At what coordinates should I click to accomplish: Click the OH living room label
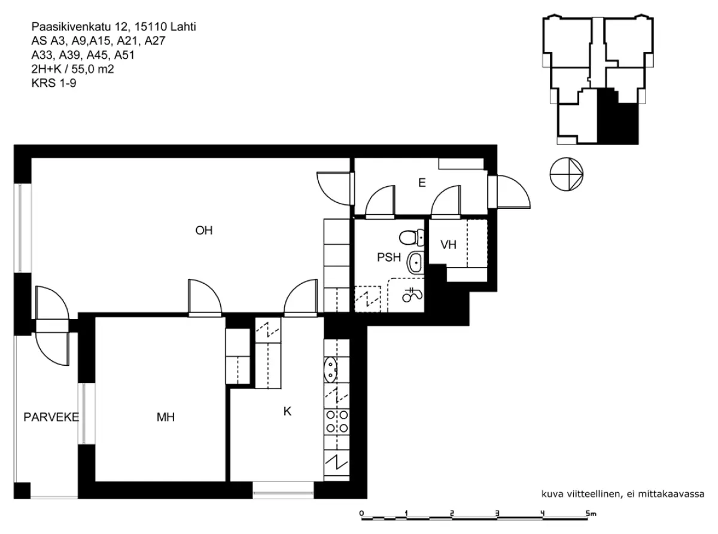(x=204, y=230)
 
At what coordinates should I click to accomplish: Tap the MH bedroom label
(x=165, y=417)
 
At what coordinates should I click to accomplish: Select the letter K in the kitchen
(x=287, y=411)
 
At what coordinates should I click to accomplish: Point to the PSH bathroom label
(x=389, y=257)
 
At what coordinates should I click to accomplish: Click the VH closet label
(x=448, y=245)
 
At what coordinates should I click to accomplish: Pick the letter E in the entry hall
(x=422, y=183)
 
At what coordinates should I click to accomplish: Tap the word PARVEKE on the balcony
(x=51, y=417)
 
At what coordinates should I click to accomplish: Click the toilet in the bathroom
(x=412, y=237)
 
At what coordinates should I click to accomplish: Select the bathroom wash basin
(x=416, y=262)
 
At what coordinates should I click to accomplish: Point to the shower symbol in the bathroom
(x=412, y=295)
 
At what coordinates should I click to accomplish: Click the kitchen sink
(x=330, y=370)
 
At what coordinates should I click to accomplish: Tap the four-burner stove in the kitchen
(x=337, y=421)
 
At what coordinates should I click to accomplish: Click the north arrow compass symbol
(x=566, y=174)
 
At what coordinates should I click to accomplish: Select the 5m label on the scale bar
(x=591, y=514)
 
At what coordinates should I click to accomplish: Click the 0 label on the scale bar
(x=361, y=513)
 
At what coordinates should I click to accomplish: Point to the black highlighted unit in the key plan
(x=617, y=117)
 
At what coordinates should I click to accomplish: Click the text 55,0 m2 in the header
(x=93, y=69)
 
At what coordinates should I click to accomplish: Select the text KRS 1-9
(x=54, y=83)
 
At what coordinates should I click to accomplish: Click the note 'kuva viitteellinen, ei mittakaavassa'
(x=623, y=494)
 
